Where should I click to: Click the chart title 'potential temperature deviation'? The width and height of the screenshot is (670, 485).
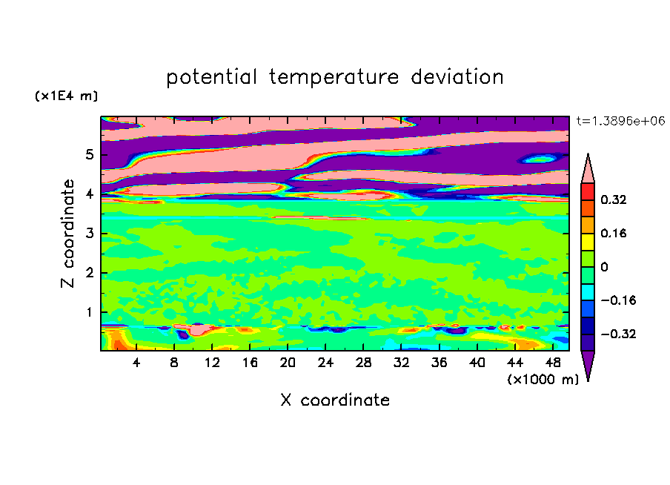[334, 77]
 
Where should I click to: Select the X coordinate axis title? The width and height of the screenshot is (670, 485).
[335, 400]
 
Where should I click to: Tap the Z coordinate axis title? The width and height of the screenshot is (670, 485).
[67, 234]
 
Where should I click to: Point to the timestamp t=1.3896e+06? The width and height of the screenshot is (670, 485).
[620, 121]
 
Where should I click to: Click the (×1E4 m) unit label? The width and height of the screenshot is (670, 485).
[66, 96]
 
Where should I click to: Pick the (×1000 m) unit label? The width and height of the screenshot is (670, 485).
[543, 380]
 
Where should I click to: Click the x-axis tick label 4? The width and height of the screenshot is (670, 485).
[136, 363]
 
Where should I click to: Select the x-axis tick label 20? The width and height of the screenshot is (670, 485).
[288, 363]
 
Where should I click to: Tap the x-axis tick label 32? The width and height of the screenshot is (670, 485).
[401, 363]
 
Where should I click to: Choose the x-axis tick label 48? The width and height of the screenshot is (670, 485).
[553, 363]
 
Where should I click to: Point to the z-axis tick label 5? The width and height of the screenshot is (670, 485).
[89, 154]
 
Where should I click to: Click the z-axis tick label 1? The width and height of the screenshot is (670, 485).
[89, 312]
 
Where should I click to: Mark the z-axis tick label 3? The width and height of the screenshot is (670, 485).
[89, 234]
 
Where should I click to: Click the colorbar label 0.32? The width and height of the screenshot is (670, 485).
[614, 199]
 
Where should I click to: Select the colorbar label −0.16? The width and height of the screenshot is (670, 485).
[618, 300]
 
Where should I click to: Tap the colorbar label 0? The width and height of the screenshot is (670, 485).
[604, 267]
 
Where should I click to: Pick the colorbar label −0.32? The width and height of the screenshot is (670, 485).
[618, 334]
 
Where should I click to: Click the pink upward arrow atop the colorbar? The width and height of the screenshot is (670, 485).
[588, 171]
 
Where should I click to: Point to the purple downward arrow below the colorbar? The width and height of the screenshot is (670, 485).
[588, 363]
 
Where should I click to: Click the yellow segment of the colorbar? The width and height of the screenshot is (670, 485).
[588, 242]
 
